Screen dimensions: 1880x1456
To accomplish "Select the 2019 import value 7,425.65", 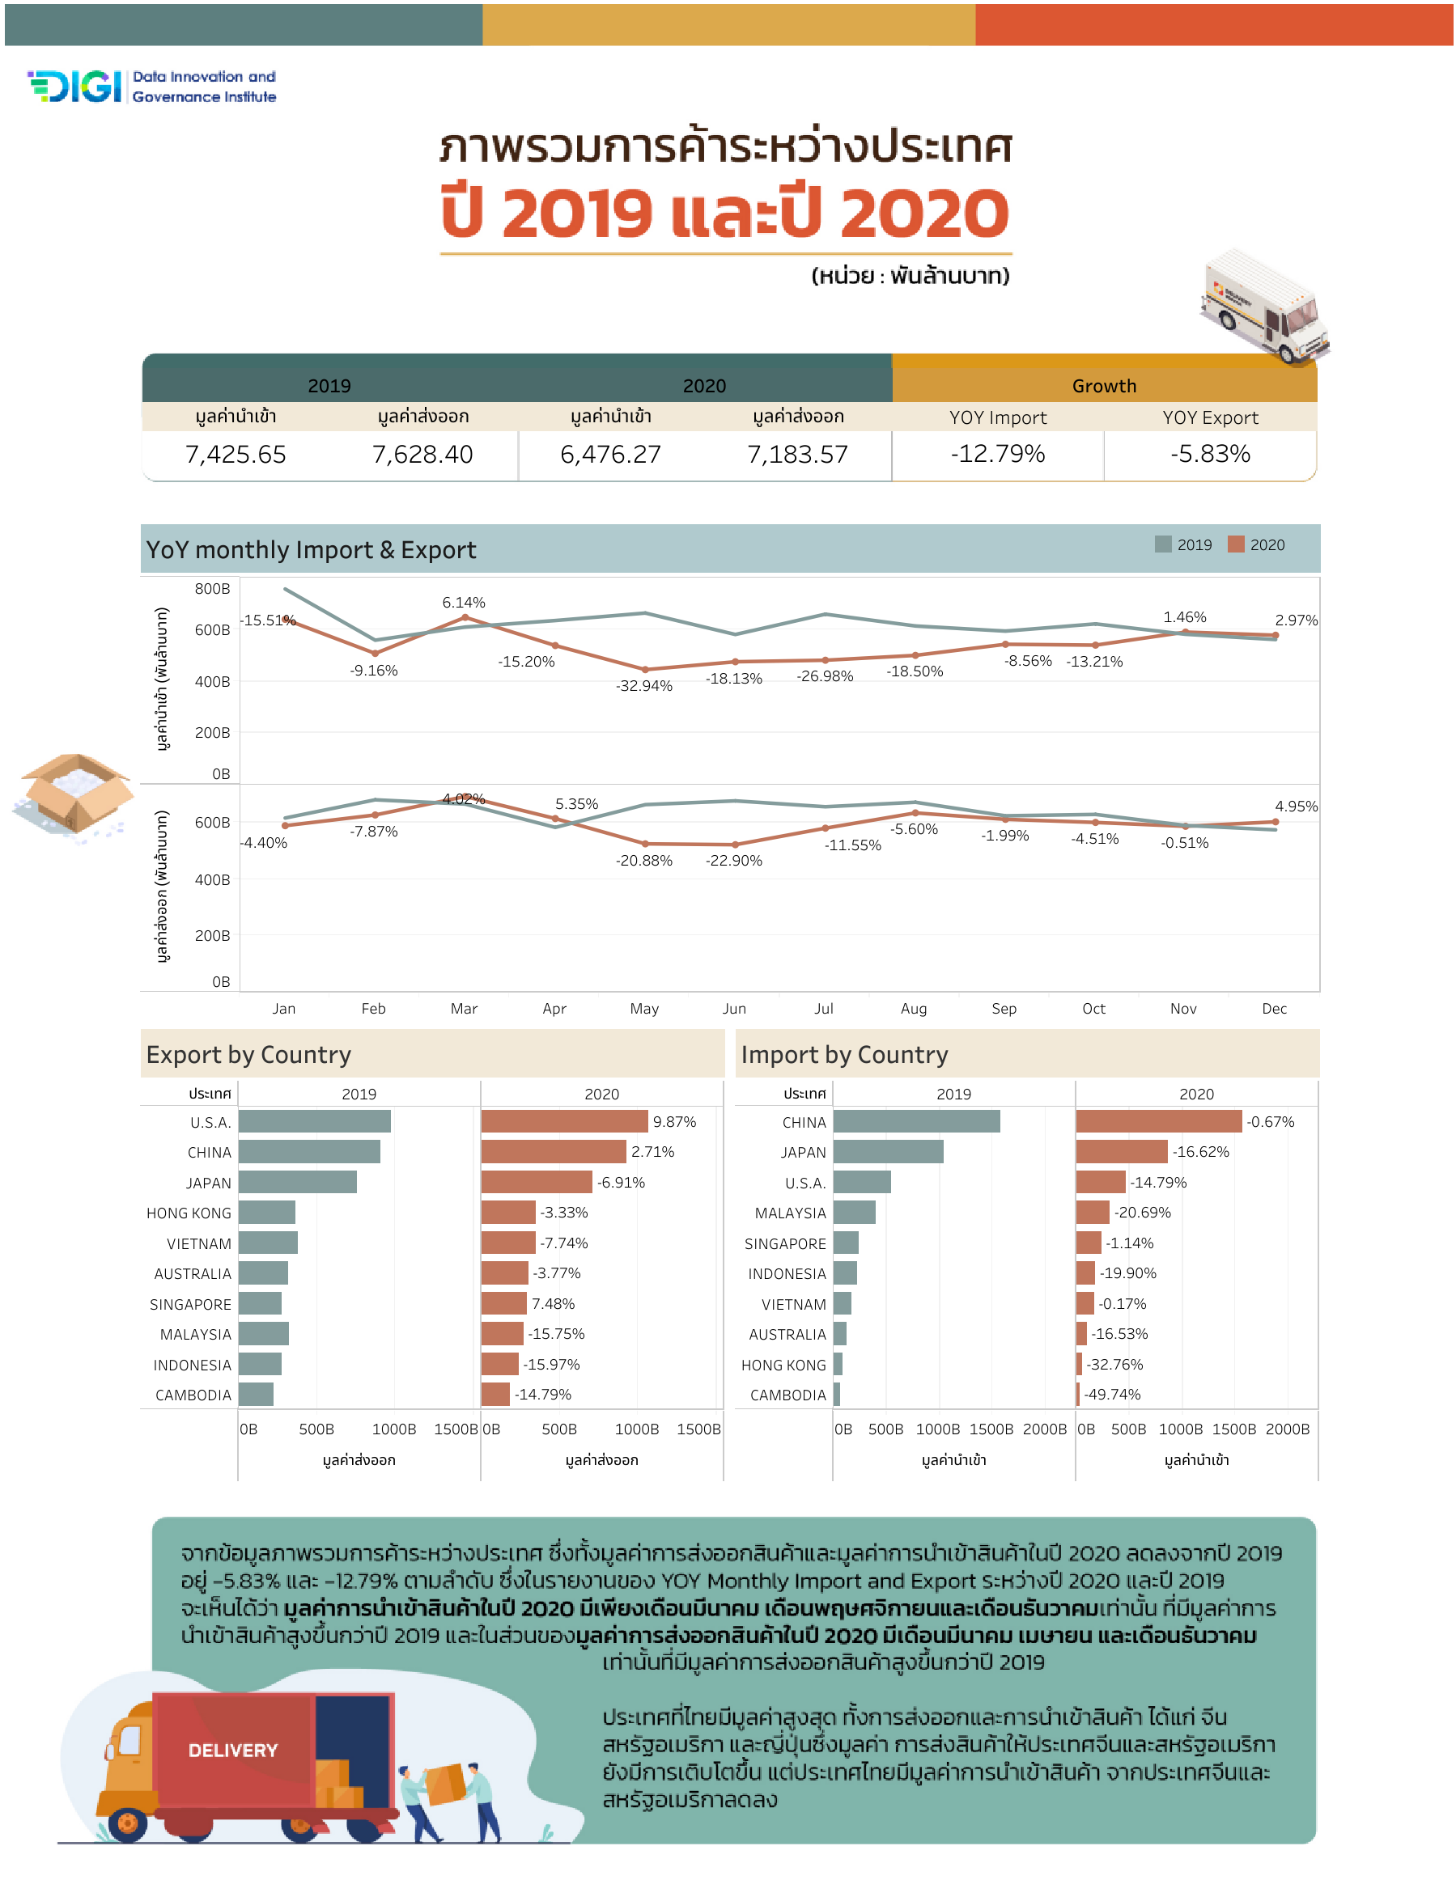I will (235, 454).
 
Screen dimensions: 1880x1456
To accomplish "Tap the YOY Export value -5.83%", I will (1209, 454).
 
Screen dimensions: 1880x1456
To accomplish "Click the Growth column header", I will (1103, 386).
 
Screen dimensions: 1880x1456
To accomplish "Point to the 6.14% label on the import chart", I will (463, 603).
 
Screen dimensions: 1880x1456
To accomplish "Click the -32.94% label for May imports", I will (643, 686).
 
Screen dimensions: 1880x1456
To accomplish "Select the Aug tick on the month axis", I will (913, 1008).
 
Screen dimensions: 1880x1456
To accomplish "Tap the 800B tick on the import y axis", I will (212, 589).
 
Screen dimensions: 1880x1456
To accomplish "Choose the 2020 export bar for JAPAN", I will (536, 1182).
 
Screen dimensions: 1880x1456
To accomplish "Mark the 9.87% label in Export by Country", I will (673, 1122).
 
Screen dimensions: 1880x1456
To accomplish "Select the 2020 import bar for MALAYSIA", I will (1092, 1212).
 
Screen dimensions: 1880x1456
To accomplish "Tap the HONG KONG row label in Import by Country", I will (783, 1365).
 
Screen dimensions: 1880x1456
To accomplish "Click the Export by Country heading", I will (248, 1055).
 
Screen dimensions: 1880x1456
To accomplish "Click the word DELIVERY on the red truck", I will (232, 1750).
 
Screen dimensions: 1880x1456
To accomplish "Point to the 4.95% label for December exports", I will (1295, 807).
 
